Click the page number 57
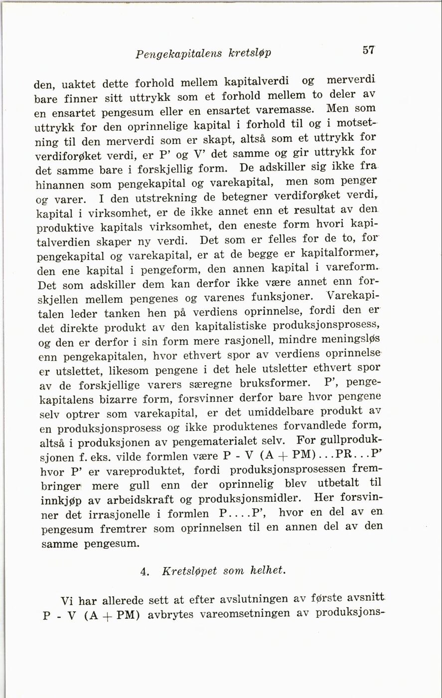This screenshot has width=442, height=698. coord(368,50)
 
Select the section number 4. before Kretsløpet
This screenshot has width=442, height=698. coord(145,572)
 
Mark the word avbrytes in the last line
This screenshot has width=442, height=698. coord(171,615)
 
